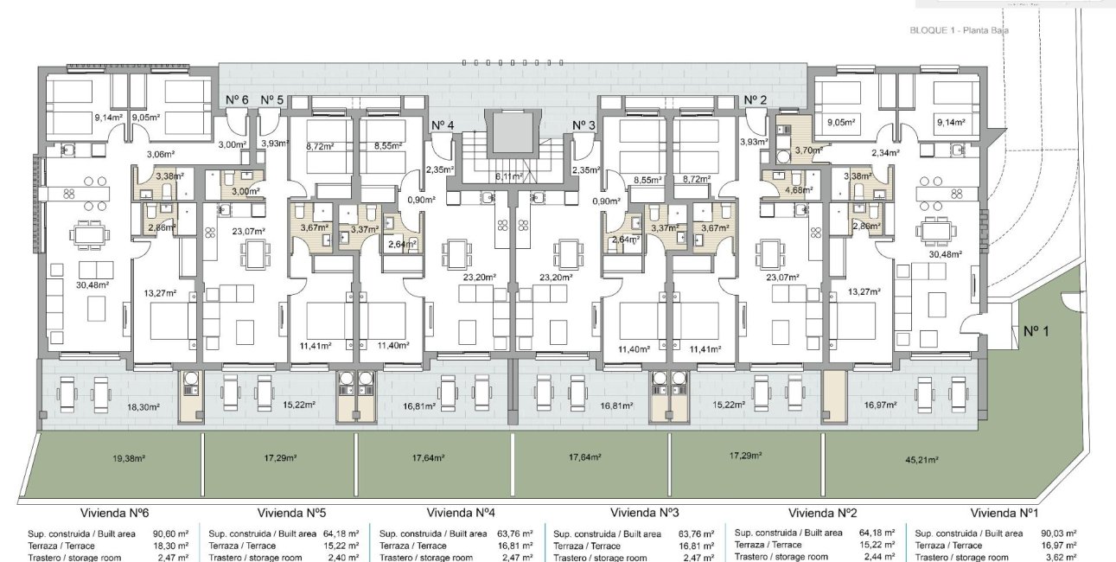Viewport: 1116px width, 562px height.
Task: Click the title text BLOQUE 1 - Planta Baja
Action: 960,30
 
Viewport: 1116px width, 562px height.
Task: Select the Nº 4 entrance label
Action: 441,125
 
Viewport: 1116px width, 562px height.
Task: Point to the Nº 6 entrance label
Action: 237,100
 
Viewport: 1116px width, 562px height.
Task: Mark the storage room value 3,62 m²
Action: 1059,558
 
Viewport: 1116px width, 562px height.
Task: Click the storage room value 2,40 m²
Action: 343,558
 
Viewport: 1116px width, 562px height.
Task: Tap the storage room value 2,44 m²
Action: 877,557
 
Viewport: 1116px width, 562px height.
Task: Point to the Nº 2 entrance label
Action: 756,100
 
